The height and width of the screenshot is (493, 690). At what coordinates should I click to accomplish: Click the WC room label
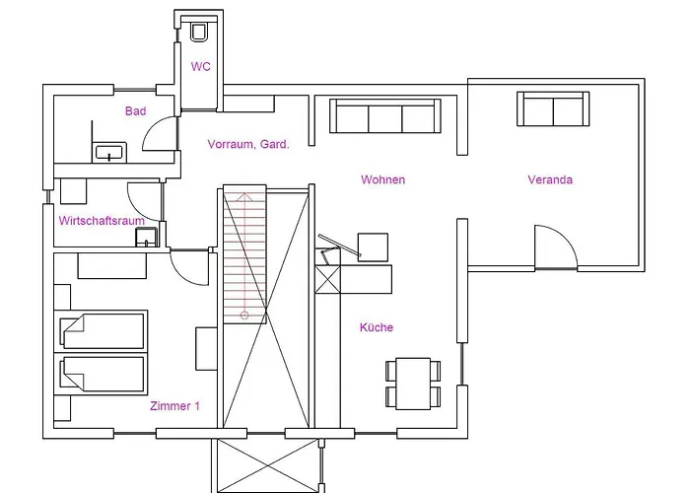(200, 67)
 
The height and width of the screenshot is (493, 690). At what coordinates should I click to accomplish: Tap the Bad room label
(135, 111)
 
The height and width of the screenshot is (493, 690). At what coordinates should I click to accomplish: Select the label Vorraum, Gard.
(248, 144)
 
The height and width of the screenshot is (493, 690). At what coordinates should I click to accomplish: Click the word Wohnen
(382, 179)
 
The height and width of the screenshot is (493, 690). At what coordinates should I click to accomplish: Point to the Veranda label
(550, 179)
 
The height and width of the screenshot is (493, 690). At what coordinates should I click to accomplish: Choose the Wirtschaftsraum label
(103, 221)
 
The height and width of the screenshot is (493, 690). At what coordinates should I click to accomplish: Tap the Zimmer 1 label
(175, 406)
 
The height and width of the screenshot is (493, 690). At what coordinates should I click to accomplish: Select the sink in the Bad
(108, 152)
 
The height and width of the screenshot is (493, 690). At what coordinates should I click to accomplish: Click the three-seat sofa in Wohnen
(385, 116)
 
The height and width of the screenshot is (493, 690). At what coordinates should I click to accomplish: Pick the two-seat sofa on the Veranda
(553, 109)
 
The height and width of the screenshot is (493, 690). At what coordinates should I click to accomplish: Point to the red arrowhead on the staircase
(243, 195)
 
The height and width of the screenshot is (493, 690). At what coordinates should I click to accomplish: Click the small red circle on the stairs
(243, 315)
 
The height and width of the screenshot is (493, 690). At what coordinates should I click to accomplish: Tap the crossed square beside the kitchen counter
(326, 279)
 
